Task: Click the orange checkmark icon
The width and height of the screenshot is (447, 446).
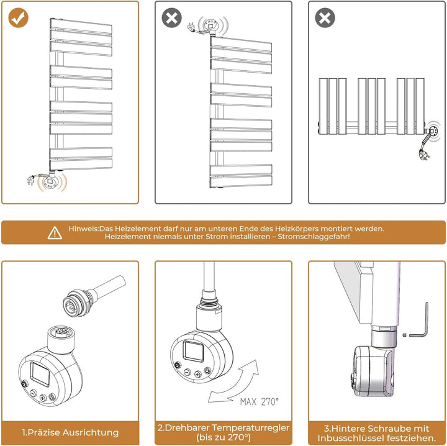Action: [18, 17]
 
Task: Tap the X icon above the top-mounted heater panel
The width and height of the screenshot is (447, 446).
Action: [171, 17]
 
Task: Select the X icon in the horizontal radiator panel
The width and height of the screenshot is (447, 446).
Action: [325, 17]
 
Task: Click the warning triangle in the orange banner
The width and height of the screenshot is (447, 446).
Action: [55, 233]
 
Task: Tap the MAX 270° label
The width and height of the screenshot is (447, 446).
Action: [259, 402]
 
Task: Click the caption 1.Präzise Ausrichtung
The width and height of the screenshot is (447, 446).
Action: [70, 432]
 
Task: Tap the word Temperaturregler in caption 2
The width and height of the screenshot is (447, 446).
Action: [251, 428]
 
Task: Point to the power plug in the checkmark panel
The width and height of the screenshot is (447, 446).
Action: [30, 181]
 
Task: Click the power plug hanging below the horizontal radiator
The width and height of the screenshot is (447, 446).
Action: [424, 155]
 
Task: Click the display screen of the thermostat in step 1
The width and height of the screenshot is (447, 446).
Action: [40, 375]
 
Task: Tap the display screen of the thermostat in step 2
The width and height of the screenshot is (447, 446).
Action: [194, 351]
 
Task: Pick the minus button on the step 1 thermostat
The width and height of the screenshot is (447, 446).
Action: [34, 393]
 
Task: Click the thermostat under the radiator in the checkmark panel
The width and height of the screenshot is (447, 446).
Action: [52, 181]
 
